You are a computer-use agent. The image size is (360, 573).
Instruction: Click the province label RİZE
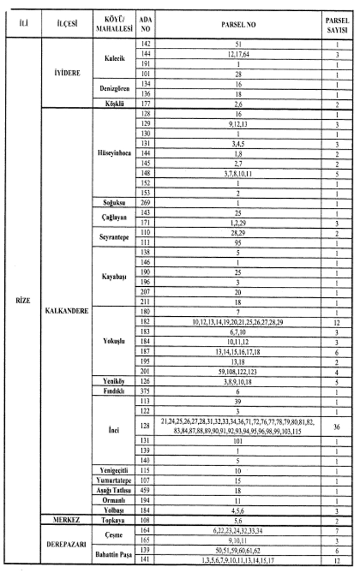[x=23, y=301]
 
